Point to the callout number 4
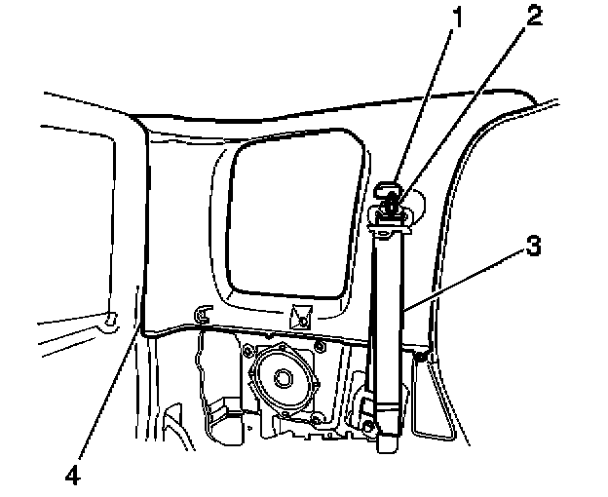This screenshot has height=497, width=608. click(x=74, y=477)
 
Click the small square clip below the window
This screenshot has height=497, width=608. click(x=298, y=317)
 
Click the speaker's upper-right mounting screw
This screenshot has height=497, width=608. click(x=319, y=348)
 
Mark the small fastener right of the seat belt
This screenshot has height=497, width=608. click(x=420, y=360)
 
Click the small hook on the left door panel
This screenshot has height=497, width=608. click(x=109, y=316)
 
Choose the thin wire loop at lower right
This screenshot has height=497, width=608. click(x=434, y=409)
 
